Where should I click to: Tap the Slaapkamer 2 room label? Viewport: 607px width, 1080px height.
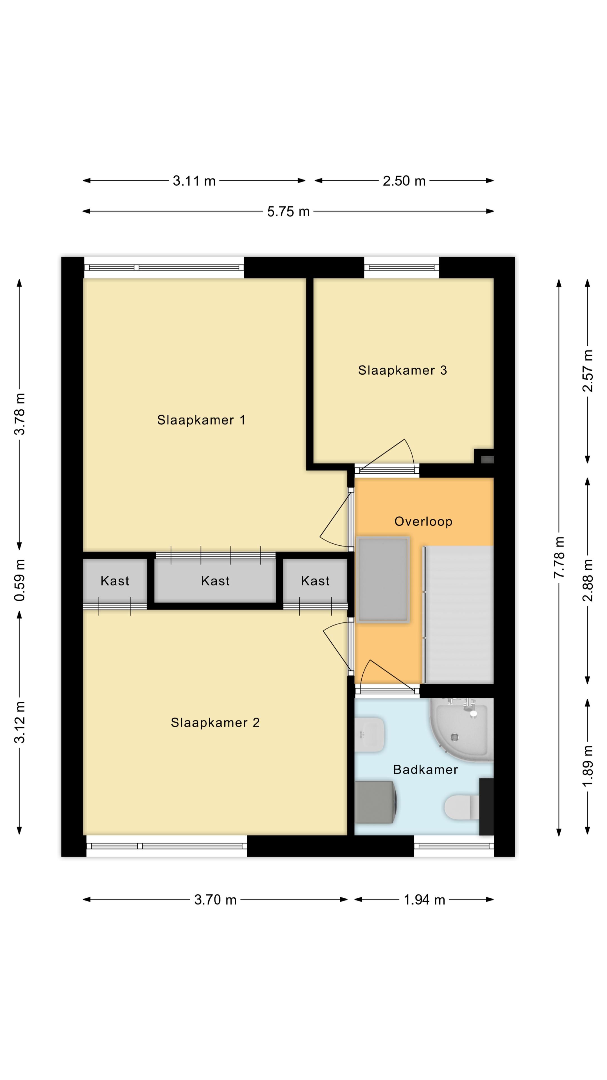(215, 722)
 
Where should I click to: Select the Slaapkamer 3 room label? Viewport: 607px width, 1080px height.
(402, 370)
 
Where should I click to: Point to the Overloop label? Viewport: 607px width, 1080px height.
(423, 521)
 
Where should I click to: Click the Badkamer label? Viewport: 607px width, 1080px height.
(425, 769)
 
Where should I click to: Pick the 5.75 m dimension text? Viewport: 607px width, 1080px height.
(288, 211)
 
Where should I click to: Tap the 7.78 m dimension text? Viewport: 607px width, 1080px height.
(559, 557)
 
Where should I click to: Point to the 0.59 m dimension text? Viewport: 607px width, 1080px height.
(20, 580)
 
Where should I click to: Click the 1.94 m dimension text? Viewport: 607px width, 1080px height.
(424, 900)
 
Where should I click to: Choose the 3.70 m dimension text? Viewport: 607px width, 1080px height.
(215, 900)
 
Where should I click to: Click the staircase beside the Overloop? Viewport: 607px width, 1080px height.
(459, 615)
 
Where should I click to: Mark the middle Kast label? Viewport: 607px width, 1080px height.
(215, 581)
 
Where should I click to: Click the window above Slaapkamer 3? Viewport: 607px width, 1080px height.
(401, 267)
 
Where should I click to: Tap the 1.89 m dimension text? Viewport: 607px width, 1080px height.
(588, 766)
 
